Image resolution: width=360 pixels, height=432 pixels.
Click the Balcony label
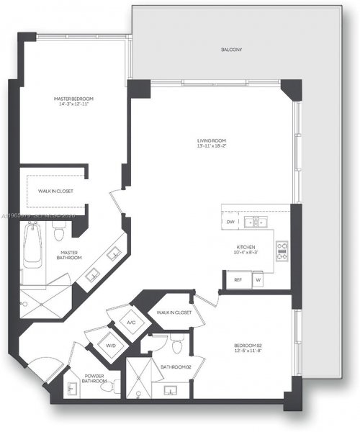coord(232,50)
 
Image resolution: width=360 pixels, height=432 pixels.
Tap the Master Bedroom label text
coord(74,99)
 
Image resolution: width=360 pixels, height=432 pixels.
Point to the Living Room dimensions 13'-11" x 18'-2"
coord(212,146)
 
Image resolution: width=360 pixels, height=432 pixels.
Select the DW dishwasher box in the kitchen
coord(230,222)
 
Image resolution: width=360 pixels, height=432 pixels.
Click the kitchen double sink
coord(255,222)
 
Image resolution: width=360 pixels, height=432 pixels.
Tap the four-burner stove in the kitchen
coord(282,250)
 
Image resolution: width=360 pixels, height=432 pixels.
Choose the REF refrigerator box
coord(238,279)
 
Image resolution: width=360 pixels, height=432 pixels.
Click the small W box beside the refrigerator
coord(258,279)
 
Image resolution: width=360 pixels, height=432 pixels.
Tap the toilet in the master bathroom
coord(60,231)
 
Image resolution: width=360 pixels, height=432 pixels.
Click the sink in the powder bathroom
coord(71,390)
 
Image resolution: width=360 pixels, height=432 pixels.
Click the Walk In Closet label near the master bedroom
coord(54,192)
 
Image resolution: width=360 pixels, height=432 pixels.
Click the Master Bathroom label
coord(69,256)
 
